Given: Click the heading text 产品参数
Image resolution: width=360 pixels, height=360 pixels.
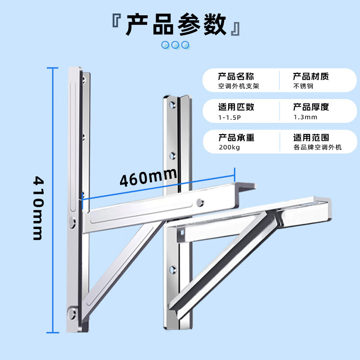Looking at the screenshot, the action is (x=175, y=24).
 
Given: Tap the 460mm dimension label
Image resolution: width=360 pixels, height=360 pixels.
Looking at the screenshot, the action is (x=148, y=177).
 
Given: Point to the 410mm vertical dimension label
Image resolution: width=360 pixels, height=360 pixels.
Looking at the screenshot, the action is (x=38, y=208).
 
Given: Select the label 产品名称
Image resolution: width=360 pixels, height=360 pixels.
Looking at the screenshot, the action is (x=236, y=76).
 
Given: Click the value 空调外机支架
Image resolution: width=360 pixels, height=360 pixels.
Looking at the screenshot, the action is (x=238, y=86).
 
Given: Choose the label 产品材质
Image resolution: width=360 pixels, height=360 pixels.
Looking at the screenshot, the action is (x=311, y=76).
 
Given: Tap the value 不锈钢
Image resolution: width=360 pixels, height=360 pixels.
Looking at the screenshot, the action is (x=303, y=86).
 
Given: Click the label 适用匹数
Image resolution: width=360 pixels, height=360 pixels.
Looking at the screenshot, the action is (x=236, y=107).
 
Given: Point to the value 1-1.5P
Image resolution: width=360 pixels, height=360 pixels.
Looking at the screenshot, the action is (x=229, y=117).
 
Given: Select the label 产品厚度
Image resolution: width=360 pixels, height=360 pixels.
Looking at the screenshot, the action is (x=311, y=107).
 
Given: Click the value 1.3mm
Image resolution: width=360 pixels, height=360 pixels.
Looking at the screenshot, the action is (x=306, y=117).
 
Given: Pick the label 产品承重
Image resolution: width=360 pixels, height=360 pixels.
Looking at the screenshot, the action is (x=237, y=138).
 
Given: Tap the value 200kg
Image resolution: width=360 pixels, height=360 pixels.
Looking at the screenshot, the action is (x=229, y=148).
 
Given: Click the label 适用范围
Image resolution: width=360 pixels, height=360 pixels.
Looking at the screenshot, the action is (x=311, y=138).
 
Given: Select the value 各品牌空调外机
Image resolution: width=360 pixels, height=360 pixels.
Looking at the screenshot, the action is (x=318, y=147).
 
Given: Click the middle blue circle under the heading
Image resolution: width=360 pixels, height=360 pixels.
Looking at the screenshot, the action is (x=175, y=45).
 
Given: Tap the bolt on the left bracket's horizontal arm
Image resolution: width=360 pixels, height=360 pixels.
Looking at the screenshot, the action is (x=200, y=202).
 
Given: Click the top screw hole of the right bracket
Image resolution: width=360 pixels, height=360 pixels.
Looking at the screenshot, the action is (x=172, y=105).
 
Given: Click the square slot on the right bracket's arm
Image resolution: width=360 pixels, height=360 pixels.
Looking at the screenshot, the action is (x=182, y=233).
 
